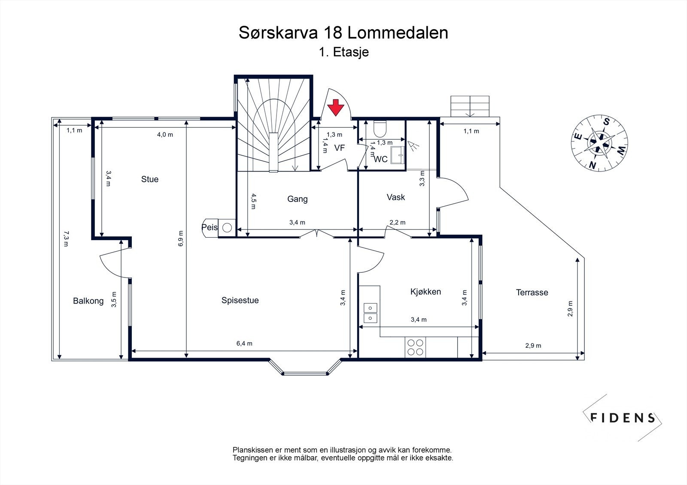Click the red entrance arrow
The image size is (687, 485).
pos(335,108)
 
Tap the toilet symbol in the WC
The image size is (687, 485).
pos(380,129)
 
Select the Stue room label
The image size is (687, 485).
pos(150,179)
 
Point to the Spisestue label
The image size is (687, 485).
pos(240,300)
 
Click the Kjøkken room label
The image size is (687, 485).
pos(426,292)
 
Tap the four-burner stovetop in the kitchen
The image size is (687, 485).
pos(415,347)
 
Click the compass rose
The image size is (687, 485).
pos(599,143)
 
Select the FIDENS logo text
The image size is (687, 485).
pos(623,418)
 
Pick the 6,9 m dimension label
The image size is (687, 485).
pos(181,238)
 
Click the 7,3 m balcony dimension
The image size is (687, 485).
pos(66,239)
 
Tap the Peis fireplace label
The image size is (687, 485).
pos(210,227)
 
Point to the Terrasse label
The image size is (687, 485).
pos(532,292)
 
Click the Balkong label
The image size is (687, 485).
pos(88,301)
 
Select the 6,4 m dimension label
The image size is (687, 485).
pos(244,343)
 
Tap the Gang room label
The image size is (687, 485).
pos(298,199)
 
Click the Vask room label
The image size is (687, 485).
pos(395,197)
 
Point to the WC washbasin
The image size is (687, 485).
pos(398,155)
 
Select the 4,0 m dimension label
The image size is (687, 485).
pos(165,135)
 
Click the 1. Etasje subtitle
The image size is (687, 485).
pos(344,52)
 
